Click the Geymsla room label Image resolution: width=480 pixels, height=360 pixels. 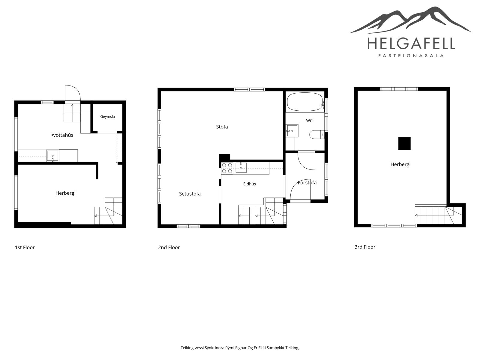pos(107,117)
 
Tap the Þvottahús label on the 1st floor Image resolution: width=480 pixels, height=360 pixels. pos(62,135)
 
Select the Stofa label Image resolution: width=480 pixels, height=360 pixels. pos(222,127)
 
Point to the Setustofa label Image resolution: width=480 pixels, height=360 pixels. pos(190,194)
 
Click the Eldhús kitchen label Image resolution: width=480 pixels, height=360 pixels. pos(250,184)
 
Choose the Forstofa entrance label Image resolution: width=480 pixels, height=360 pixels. pos(307,182)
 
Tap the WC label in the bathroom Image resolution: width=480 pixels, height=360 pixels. pos(309,121)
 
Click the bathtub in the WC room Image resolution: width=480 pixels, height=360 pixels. pos(305,102)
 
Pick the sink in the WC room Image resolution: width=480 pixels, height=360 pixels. pos(292,131)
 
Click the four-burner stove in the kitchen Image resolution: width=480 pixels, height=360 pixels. pos(227,168)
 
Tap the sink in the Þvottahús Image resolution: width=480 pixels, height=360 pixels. pos(52,156)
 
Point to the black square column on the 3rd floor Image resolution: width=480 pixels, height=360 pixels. pos(404,143)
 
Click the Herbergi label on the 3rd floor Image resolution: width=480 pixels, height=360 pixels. pos(400,164)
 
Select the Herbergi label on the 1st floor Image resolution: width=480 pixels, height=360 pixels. pos(65,193)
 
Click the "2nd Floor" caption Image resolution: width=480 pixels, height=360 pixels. pos(169,247)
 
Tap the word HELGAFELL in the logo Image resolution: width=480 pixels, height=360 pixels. pos(411,43)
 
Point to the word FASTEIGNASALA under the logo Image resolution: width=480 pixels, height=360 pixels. pos(411,56)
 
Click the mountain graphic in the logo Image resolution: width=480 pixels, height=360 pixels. pos(410,20)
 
